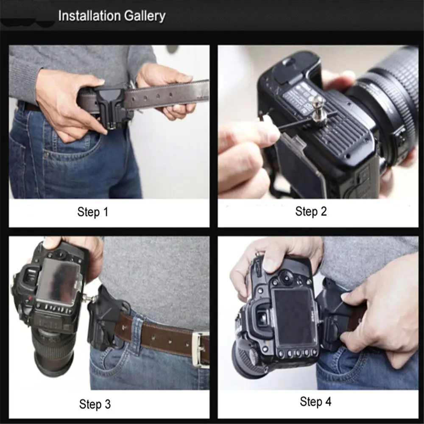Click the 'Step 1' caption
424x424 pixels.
(93, 212)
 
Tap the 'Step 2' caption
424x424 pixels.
(311, 211)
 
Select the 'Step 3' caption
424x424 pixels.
(95, 404)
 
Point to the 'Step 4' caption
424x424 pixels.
(315, 402)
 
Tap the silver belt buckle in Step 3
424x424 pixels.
(201, 350)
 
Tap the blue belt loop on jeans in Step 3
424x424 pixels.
(138, 330)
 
